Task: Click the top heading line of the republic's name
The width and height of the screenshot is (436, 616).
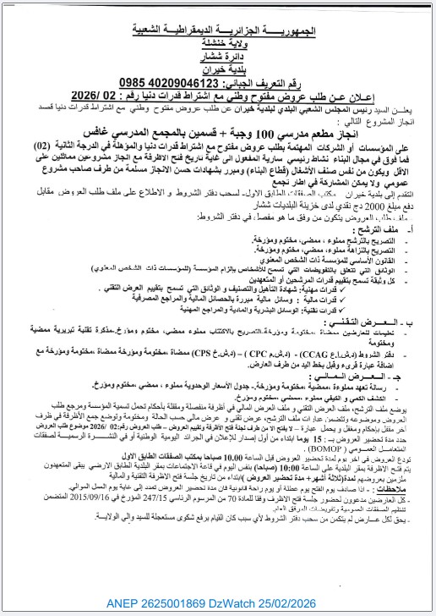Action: point(218,31)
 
